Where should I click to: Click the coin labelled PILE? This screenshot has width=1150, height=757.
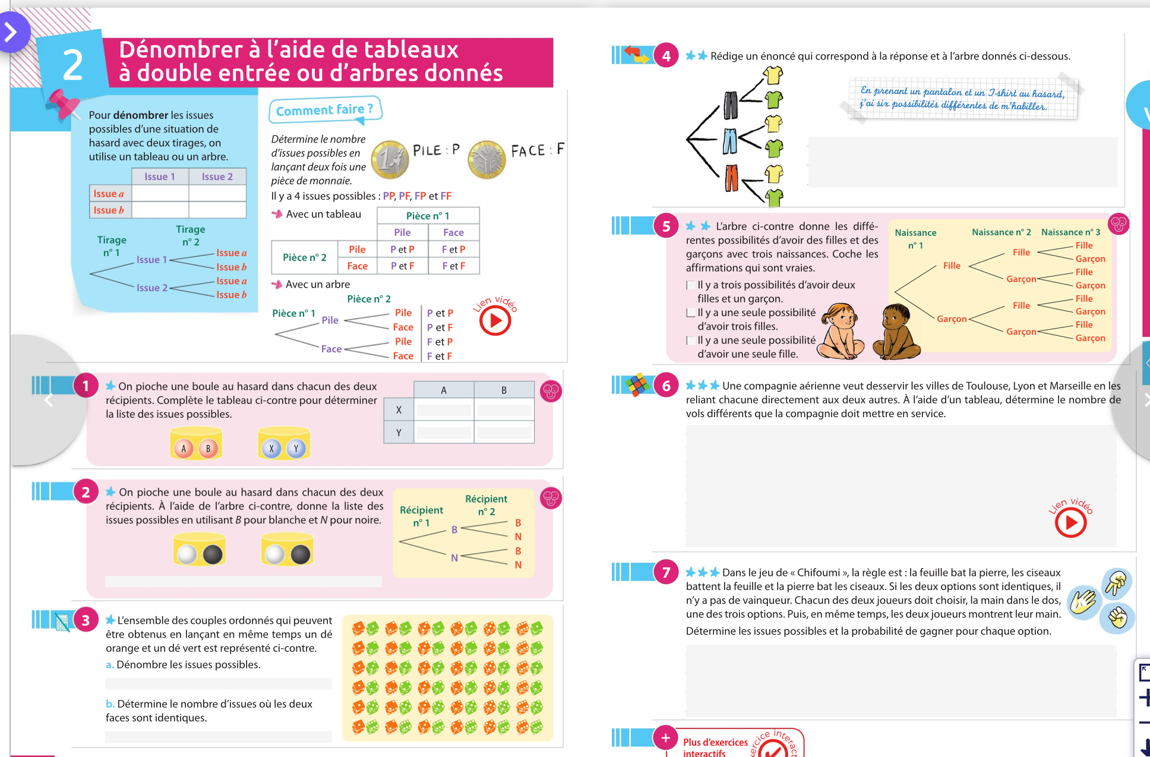click(x=390, y=159)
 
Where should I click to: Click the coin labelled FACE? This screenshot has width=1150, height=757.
click(x=486, y=159)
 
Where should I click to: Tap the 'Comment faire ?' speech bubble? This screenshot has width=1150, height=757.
click(x=324, y=110)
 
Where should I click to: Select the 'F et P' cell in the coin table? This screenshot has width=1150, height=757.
click(x=453, y=250)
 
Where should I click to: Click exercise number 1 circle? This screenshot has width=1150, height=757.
click(x=86, y=386)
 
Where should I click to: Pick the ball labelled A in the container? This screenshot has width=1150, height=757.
click(x=184, y=449)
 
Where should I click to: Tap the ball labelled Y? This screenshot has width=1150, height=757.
click(x=296, y=449)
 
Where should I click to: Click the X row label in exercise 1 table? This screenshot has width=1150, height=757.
click(x=399, y=410)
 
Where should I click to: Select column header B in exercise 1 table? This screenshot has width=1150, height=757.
click(x=504, y=390)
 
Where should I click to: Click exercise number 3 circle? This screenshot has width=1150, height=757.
click(x=86, y=620)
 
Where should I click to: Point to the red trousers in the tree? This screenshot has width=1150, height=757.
click(x=731, y=178)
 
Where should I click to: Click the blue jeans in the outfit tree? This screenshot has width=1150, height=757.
click(x=730, y=141)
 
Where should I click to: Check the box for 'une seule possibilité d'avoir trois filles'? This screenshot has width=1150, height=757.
click(x=690, y=313)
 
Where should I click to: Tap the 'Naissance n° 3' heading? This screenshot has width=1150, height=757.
click(x=1070, y=232)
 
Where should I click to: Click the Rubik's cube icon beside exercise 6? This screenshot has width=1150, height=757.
click(x=637, y=385)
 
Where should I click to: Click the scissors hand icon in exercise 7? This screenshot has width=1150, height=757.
click(x=1116, y=582)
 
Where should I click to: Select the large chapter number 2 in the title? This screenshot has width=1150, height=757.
click(x=72, y=64)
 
